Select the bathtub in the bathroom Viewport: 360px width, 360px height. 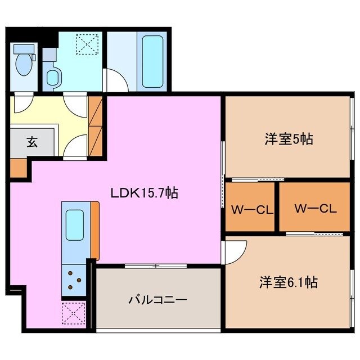[x=152, y=62]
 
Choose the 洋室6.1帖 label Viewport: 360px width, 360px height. [x=288, y=282]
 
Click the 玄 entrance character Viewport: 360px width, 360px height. [x=31, y=142]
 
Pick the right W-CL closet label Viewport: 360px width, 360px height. [x=315, y=208]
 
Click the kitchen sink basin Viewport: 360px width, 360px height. [x=75, y=224]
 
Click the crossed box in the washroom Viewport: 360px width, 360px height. [x=87, y=43]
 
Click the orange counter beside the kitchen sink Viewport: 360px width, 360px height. [x=94, y=230]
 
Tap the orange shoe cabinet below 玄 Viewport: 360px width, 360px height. [x=18, y=168]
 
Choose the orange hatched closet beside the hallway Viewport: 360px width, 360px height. [x=95, y=124]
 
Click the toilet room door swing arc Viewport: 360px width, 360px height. [x=23, y=104]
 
